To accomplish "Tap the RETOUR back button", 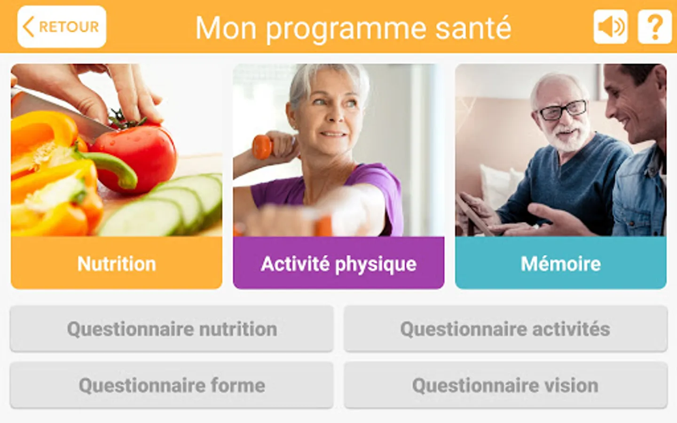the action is click(x=62, y=27).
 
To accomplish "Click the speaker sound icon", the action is click(x=611, y=27).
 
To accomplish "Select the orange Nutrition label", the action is click(x=117, y=263).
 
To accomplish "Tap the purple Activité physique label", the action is click(x=338, y=263).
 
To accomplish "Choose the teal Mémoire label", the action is click(x=560, y=263).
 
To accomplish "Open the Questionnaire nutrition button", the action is click(x=172, y=329).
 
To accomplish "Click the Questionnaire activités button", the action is click(x=506, y=329).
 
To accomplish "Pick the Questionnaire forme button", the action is click(x=172, y=385).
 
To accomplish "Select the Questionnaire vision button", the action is click(x=506, y=385).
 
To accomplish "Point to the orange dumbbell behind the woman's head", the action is click(x=262, y=147).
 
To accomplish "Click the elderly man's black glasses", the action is click(x=561, y=110).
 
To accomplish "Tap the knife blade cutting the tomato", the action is click(x=61, y=113).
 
